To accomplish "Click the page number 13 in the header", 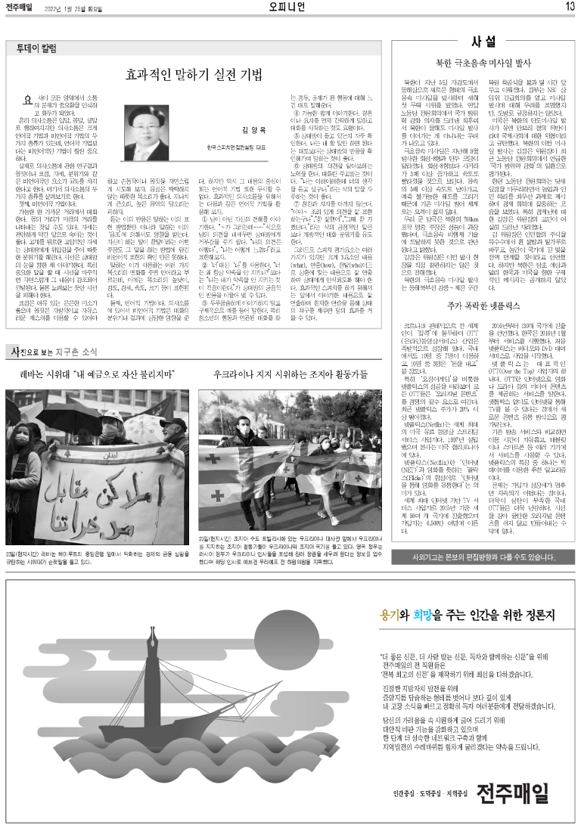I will click(569, 7).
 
